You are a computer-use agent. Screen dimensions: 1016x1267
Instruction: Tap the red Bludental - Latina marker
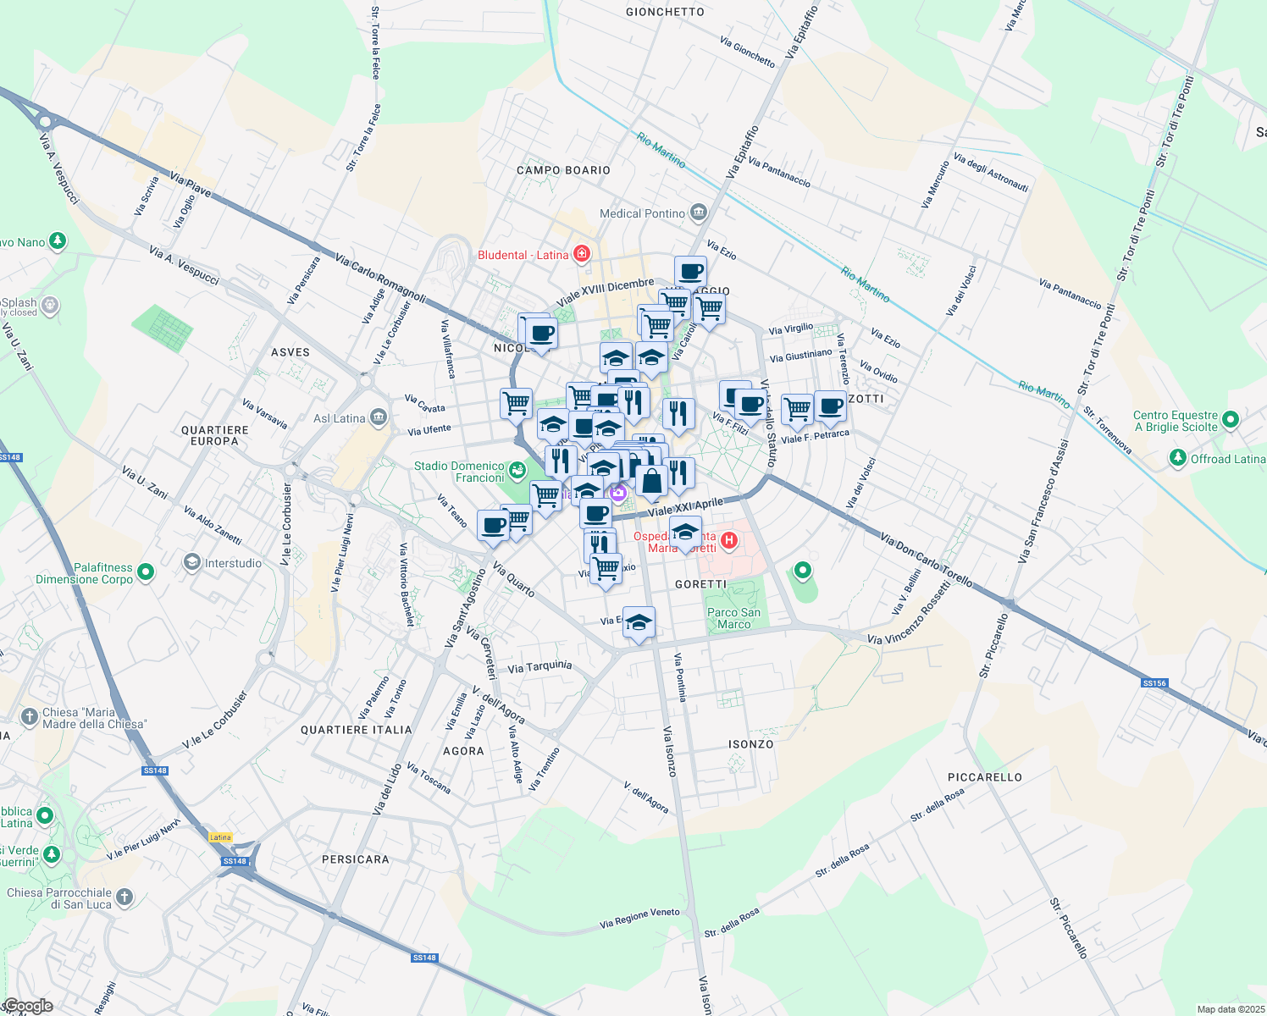[x=581, y=254]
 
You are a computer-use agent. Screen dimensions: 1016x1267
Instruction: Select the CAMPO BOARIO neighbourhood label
[x=563, y=170]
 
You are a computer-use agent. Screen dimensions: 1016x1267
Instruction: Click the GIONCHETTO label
[x=665, y=12]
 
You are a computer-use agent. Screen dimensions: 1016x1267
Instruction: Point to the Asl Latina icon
[x=378, y=417]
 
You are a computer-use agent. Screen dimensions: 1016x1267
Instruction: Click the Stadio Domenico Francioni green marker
[x=517, y=468]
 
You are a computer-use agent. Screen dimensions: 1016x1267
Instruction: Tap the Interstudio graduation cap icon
[x=192, y=562]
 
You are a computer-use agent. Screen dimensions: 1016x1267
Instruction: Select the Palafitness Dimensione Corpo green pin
[x=146, y=573]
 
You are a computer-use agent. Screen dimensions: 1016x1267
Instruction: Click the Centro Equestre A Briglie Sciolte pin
[x=1231, y=420]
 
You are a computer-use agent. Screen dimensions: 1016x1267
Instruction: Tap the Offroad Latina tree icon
[x=1177, y=458]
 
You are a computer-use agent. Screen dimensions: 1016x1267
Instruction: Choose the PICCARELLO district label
[x=984, y=777]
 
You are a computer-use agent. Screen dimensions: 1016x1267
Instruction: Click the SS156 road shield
[x=1154, y=682]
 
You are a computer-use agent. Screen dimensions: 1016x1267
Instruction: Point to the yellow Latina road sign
[x=220, y=837]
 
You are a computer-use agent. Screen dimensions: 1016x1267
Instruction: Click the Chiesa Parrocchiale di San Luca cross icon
[x=124, y=897]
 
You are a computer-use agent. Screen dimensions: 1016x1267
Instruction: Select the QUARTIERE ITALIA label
[x=357, y=730]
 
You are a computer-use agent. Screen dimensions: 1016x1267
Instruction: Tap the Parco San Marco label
[x=733, y=618]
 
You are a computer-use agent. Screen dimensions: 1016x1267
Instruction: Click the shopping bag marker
[x=652, y=481]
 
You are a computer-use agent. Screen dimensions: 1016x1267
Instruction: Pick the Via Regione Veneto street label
[x=639, y=918]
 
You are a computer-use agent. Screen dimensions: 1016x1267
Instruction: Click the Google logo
[x=27, y=1006]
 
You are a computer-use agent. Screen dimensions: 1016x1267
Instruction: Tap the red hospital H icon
[x=728, y=540]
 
